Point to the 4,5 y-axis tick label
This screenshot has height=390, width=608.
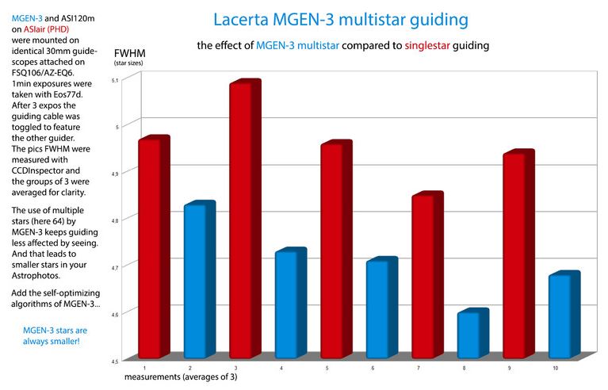pyautogui.click(x=115, y=361)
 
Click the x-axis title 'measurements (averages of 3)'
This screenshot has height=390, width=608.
pyautogui.click(x=180, y=377)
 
